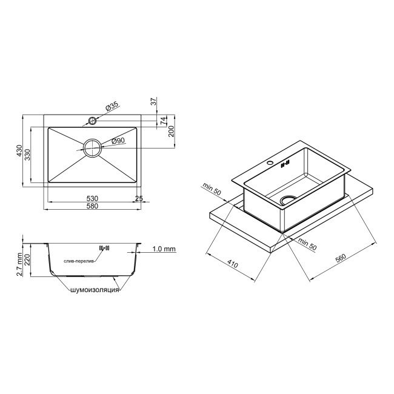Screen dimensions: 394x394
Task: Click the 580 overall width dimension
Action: pos(93,207)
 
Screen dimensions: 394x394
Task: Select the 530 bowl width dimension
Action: pos(93,198)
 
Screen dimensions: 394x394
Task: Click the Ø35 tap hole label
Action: pos(112,106)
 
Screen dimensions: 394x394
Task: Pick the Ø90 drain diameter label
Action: pos(118,141)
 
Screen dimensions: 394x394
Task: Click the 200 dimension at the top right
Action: pos(171,132)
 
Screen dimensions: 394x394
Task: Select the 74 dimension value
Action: pos(163,121)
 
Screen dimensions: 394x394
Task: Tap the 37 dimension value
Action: pos(154,101)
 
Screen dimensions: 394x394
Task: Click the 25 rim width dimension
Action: pos(139,198)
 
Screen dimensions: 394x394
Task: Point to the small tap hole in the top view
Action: pos(93,120)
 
